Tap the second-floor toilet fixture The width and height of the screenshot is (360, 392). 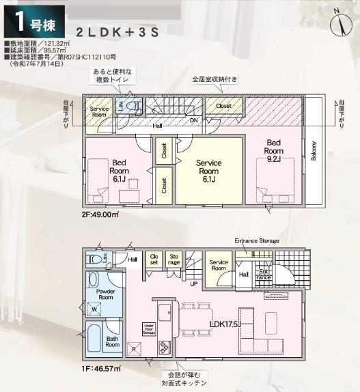click(x=134, y=106)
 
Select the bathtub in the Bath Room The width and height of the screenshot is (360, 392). click(x=95, y=339)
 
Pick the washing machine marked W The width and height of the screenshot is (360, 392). click(x=93, y=307)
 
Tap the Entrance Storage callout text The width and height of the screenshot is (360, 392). click(x=256, y=241)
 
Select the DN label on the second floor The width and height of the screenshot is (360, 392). click(x=194, y=121)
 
